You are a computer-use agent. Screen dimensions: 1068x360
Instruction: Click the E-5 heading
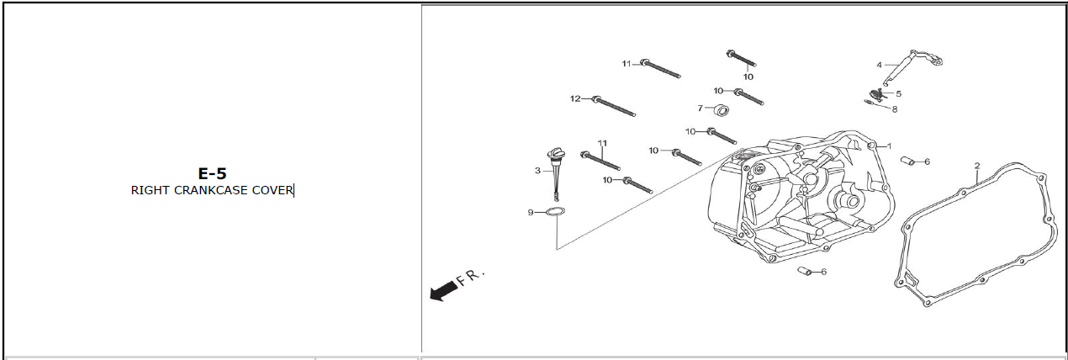pos(212,173)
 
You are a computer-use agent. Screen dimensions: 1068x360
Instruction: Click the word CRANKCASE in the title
pos(210,190)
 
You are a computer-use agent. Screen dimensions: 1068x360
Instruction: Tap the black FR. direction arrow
pos(443,291)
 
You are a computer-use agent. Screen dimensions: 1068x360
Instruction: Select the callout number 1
pos(889,146)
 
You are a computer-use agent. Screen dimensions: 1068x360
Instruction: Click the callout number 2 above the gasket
pos(977,166)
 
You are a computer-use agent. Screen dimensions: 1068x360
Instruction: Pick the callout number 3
pos(537,171)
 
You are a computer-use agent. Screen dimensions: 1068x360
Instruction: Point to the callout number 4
pos(879,65)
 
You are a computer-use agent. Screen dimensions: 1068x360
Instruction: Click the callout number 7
pos(700,109)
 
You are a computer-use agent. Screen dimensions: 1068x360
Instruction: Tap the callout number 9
pos(530,212)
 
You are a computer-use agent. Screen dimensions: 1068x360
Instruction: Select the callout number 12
pos(575,98)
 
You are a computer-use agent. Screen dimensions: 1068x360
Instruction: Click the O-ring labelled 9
pos(556,212)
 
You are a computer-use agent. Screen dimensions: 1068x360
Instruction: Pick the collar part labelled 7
pos(722,111)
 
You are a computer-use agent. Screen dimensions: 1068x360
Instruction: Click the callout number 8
pos(895,109)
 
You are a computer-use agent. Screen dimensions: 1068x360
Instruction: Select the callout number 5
pos(899,94)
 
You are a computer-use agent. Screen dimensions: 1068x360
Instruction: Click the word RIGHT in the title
pos(151,190)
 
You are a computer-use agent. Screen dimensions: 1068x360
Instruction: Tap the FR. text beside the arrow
pos(471,277)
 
